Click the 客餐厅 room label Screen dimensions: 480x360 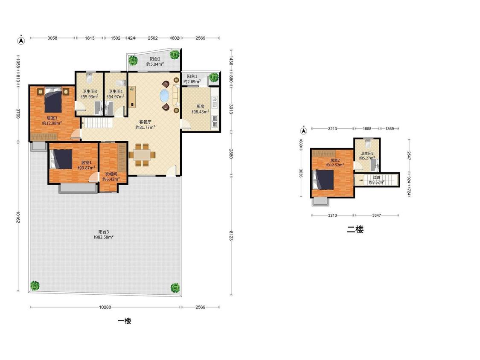click(145, 122)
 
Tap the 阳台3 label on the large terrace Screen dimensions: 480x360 click(104, 232)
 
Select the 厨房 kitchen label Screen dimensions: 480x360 click(200, 107)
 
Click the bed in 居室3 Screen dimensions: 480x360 click(53, 100)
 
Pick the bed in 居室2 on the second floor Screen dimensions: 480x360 click(323, 180)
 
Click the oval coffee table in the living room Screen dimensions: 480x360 click(164, 96)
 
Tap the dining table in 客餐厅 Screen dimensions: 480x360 click(142, 155)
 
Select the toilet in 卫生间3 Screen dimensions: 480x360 click(89, 78)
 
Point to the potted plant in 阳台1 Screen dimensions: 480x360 click(214, 77)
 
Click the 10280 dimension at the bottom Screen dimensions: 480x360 click(105, 307)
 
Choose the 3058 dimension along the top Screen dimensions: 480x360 click(52, 38)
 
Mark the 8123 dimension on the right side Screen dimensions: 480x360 click(231, 235)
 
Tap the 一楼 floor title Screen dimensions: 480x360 click(125, 321)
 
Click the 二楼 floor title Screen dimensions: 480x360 click(355, 229)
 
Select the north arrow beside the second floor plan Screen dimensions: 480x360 click(303, 131)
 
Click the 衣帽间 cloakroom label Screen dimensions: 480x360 click(111, 174)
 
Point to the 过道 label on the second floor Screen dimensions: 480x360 click(376, 177)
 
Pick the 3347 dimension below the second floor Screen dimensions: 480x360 click(376, 215)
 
